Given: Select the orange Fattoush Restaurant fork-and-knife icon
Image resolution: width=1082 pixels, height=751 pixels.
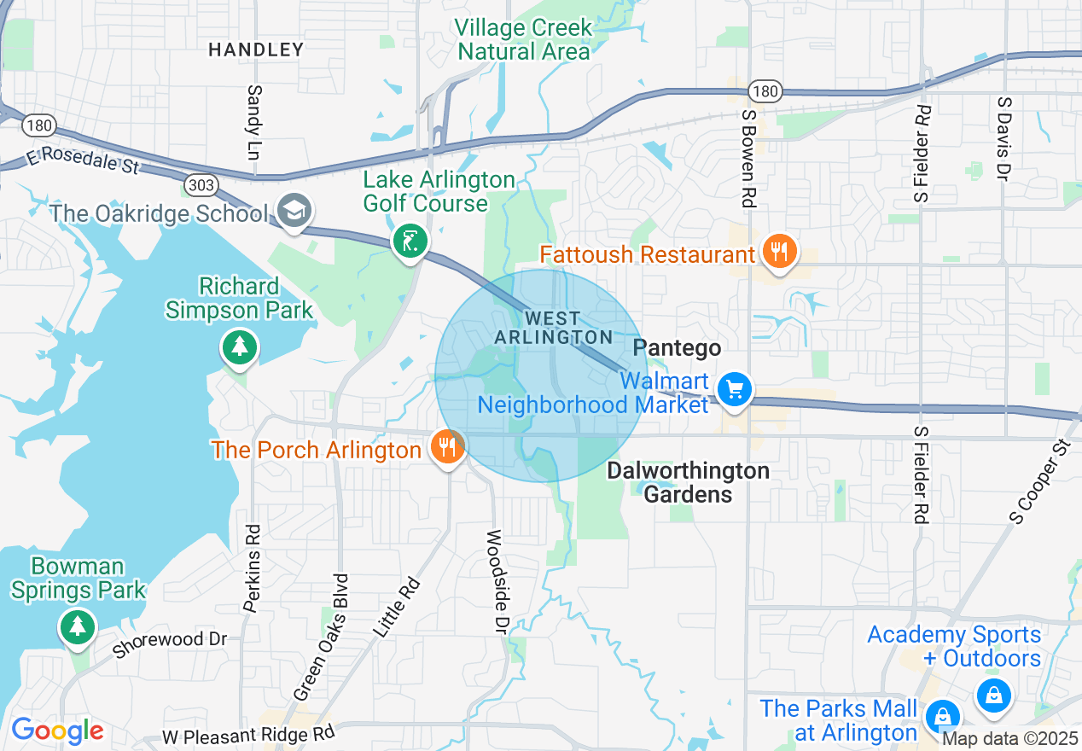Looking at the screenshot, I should [779, 252].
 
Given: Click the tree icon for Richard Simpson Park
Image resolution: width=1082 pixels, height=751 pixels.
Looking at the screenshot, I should [240, 347].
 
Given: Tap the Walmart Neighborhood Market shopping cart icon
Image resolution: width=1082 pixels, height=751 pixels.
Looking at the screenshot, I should [733, 390].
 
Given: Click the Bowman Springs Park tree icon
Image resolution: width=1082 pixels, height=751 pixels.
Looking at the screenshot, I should [78, 627].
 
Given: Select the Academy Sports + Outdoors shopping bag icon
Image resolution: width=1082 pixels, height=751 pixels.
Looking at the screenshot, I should [993, 693].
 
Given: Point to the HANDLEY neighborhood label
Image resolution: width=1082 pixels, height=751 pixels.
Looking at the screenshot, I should [256, 49].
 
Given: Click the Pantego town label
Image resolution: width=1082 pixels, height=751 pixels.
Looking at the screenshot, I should [678, 348].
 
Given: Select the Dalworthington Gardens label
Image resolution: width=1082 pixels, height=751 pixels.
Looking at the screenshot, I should [688, 482].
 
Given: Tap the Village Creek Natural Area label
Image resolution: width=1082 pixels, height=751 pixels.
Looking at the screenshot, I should [524, 39].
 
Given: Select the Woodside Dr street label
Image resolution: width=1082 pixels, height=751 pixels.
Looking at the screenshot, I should [495, 580].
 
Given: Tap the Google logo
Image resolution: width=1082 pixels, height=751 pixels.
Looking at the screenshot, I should [56, 731].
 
